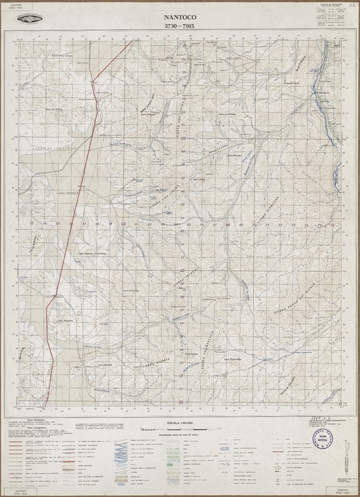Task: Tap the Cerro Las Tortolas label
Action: click(x=54, y=110)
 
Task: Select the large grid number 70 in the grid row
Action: click(x=254, y=224)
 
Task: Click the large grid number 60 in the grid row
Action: click(x=124, y=224)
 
